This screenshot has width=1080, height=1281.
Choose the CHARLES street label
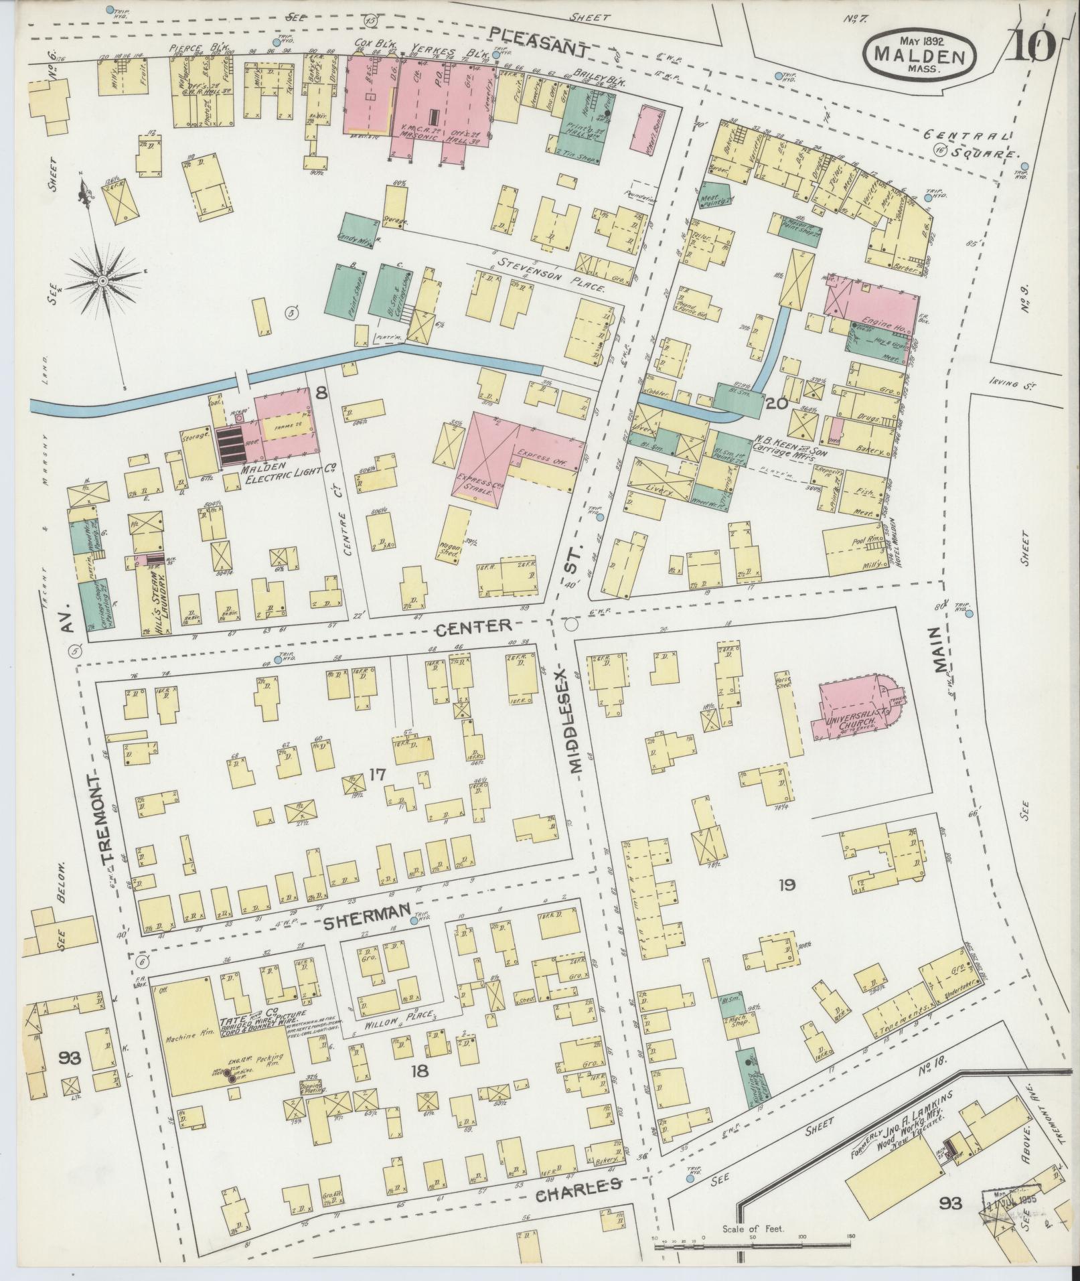[578, 1186]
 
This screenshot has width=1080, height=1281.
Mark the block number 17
[377, 775]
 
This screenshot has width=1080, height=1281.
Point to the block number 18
[419, 1071]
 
